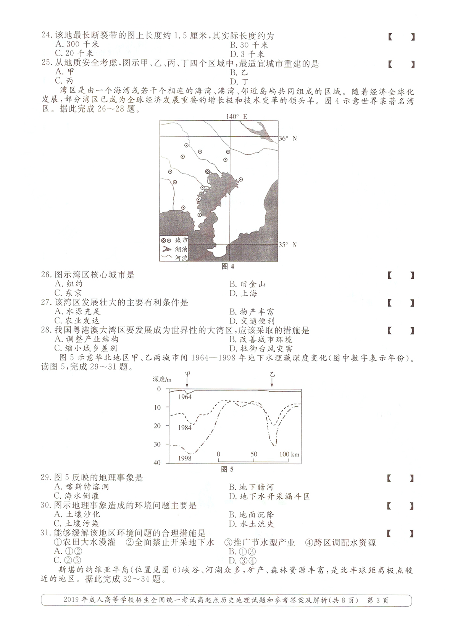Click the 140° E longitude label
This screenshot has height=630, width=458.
coord(236,116)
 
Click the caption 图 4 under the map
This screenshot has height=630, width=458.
coord(228,267)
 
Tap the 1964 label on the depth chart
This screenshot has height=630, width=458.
coord(185,397)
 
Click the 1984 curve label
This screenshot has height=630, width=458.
coord(185,428)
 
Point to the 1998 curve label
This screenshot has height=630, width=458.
coord(185,458)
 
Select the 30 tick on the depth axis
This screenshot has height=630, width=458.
coord(157,444)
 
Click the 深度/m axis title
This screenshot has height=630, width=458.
coord(162,379)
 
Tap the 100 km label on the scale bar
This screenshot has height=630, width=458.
coord(289,454)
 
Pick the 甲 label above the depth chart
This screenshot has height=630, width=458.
coord(187,374)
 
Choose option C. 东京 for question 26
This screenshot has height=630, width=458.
coord(68,293)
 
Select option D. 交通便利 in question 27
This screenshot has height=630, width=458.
coord(252,321)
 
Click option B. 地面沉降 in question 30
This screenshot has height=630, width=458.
coord(252,515)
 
